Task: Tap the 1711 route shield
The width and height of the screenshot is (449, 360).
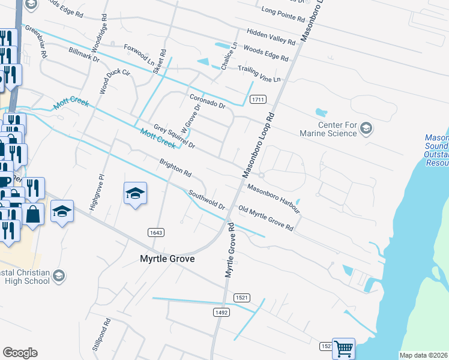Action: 258,99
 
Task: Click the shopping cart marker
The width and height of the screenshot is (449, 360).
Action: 343,348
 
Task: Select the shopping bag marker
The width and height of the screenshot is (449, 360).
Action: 33,214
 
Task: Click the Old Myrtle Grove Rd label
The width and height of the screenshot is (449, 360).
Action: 265,219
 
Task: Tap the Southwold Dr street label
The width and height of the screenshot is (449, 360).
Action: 206,200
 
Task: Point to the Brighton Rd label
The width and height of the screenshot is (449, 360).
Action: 175,168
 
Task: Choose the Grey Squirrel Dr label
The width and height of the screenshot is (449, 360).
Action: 174,136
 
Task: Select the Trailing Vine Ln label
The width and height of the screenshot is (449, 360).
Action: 259,74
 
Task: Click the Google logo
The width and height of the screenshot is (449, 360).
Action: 20,353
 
